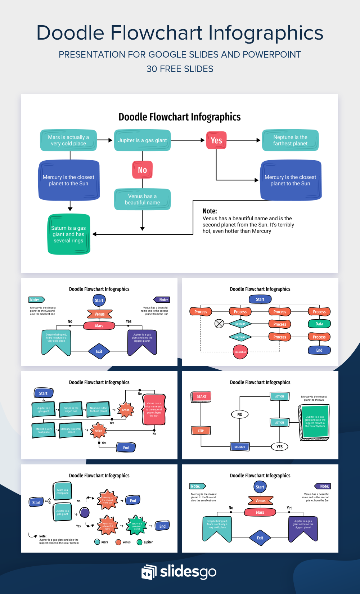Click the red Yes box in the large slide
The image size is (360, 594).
[x=216, y=140]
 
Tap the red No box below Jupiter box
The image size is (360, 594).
[x=143, y=170]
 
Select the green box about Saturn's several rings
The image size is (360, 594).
[x=69, y=234]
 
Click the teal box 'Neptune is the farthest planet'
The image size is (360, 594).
[x=290, y=140]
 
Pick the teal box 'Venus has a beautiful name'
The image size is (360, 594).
[x=143, y=199]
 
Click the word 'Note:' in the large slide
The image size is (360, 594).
[x=210, y=211]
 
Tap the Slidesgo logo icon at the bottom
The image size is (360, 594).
[x=149, y=572]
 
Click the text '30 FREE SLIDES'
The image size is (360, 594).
[x=180, y=69]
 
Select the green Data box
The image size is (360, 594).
[x=319, y=324]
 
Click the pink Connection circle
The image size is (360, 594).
[x=240, y=352]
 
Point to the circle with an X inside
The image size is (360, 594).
[x=219, y=324]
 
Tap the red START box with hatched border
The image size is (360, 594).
[x=201, y=397]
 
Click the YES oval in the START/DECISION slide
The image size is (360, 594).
[x=279, y=447]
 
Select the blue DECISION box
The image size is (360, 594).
[x=240, y=447]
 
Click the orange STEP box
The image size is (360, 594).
[x=201, y=431]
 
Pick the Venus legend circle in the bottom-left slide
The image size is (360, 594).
[x=118, y=542]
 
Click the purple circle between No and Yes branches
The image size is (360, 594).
[x=85, y=512]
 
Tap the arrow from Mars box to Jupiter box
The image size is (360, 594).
[x=105, y=140]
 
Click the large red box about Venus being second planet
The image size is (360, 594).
[x=154, y=410]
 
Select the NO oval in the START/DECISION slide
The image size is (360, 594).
[x=240, y=414]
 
